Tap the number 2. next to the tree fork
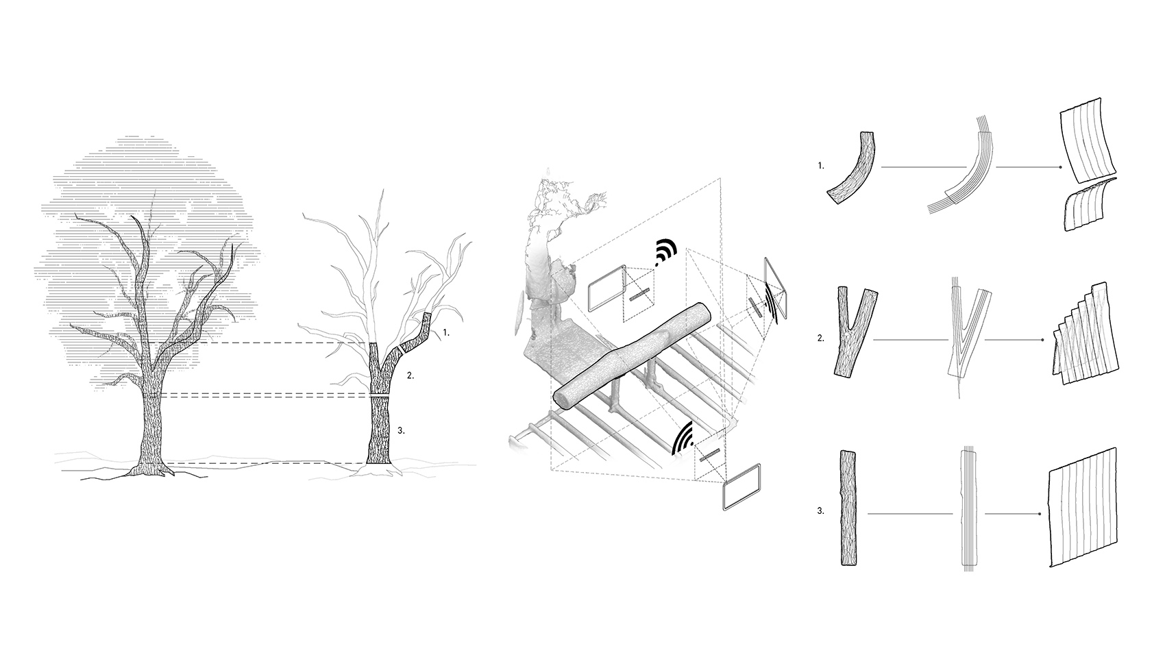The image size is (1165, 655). pyautogui.click(x=410, y=375)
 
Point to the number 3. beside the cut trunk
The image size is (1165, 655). pyautogui.click(x=401, y=430)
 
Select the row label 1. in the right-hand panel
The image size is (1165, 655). pyautogui.click(x=821, y=166)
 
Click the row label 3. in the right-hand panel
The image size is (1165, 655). pyautogui.click(x=821, y=511)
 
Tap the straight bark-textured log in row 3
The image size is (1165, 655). pyautogui.click(x=848, y=508)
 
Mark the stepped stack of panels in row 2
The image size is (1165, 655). pyautogui.click(x=1085, y=334)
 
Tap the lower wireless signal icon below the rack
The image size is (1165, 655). pyautogui.click(x=683, y=439)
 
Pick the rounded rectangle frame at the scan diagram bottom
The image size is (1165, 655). pyautogui.click(x=741, y=486)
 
